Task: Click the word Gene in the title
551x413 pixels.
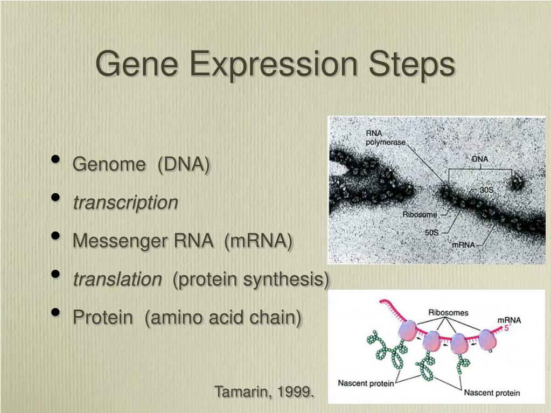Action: [x=137, y=64]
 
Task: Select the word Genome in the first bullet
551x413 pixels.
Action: [x=109, y=164]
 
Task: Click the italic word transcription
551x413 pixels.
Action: [x=125, y=202]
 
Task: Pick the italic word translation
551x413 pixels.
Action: [x=117, y=279]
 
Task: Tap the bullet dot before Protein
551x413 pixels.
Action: [x=55, y=313]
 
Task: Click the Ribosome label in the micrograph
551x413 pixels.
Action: [x=420, y=214]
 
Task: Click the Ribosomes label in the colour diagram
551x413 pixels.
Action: [x=448, y=312]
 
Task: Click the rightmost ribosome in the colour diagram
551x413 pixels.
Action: [x=489, y=339]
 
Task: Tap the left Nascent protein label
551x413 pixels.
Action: [x=366, y=383]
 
